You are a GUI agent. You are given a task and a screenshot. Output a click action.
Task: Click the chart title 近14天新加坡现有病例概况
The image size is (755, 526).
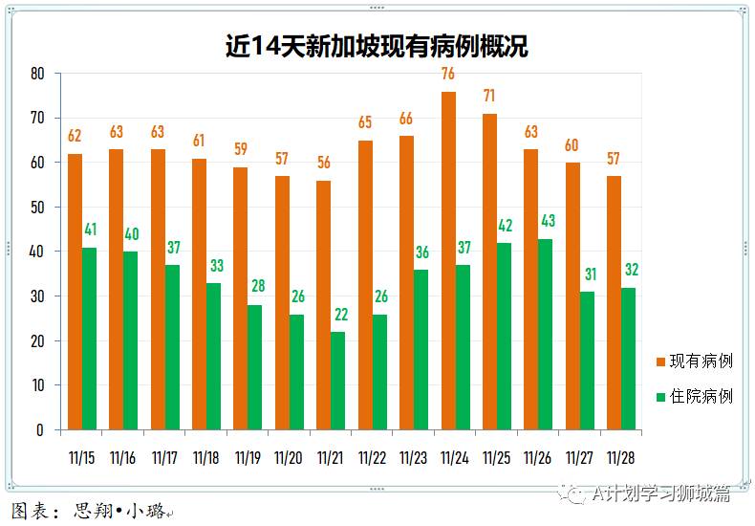[x=377, y=46]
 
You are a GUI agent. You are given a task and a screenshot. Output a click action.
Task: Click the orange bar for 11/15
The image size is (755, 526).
[x=75, y=292]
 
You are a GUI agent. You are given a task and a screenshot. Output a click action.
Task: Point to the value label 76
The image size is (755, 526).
[x=448, y=74]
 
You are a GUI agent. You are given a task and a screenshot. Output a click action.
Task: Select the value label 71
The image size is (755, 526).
[x=489, y=96]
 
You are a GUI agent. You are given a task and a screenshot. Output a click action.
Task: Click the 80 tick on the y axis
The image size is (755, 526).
[x=37, y=74]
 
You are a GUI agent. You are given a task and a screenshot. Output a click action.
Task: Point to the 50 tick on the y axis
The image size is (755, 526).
[x=37, y=208]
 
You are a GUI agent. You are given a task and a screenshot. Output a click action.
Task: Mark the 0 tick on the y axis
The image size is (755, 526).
[x=41, y=430]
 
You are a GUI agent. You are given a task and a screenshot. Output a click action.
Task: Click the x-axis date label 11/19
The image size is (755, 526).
[x=248, y=458]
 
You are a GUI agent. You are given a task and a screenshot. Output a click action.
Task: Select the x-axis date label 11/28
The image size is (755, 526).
[x=620, y=458]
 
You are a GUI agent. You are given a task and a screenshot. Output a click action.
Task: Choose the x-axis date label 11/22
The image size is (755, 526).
[x=372, y=458]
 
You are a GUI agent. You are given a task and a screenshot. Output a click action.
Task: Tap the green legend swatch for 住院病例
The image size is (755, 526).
[x=660, y=396]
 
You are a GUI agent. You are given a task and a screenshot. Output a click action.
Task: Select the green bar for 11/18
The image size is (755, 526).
[x=213, y=356]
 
